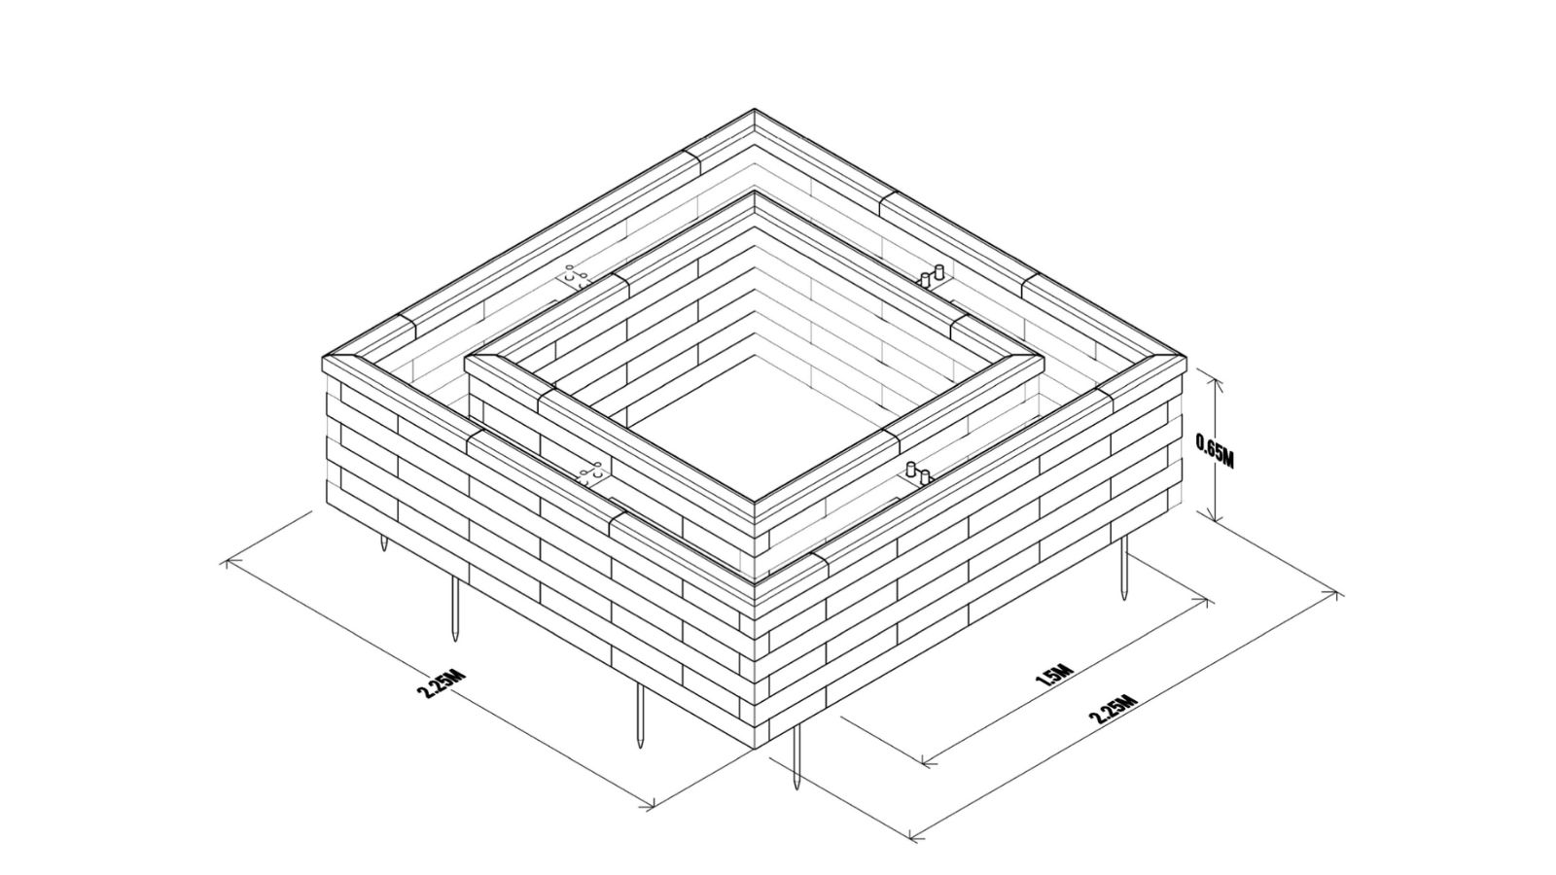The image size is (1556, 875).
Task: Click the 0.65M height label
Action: (x=1215, y=451)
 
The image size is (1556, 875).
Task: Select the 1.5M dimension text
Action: (x=1054, y=675)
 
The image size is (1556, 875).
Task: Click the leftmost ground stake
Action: (x=383, y=542)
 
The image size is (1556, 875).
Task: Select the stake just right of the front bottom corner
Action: (x=796, y=757)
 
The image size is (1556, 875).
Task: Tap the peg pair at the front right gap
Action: (x=918, y=472)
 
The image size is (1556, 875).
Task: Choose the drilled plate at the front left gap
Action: (x=594, y=475)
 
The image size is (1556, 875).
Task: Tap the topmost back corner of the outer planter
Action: (x=755, y=109)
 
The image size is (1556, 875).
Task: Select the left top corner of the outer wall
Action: (x=322, y=358)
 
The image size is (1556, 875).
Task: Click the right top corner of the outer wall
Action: (x=1186, y=358)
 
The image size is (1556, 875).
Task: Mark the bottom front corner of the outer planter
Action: (x=755, y=749)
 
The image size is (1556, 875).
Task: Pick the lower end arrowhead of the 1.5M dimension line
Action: (x=924, y=763)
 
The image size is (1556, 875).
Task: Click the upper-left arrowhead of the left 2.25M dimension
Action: (x=225, y=563)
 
